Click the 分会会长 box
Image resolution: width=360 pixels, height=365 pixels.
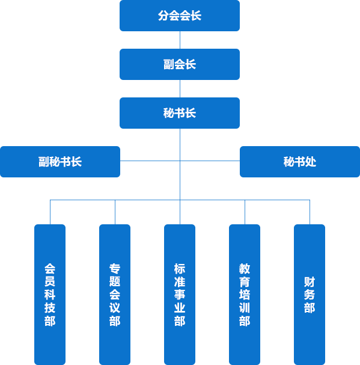click(x=180, y=16)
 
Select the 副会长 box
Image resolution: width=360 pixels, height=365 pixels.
click(x=180, y=64)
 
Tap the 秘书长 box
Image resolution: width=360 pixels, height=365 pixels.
click(x=180, y=113)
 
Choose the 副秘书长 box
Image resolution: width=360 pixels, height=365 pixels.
click(x=60, y=162)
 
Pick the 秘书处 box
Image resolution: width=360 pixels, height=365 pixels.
click(x=300, y=162)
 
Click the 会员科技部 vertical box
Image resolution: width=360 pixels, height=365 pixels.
click(x=50, y=295)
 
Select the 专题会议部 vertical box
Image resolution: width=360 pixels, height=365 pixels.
click(x=115, y=295)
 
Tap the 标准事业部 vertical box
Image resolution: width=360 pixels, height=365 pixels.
click(x=180, y=295)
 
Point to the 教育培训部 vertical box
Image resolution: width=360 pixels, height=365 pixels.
click(x=245, y=295)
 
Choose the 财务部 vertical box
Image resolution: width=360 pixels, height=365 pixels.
click(x=310, y=295)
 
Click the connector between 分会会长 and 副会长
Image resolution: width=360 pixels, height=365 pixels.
click(x=180, y=40)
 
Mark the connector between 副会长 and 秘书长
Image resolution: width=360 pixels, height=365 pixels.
click(x=180, y=88)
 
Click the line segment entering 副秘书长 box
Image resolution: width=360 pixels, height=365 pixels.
click(x=150, y=161)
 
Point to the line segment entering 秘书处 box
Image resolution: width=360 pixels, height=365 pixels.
click(x=210, y=161)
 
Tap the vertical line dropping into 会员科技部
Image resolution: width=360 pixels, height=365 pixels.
click(x=50, y=212)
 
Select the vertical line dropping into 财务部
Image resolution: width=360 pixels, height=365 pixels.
click(x=310, y=212)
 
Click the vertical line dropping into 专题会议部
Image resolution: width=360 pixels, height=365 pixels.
click(x=115, y=212)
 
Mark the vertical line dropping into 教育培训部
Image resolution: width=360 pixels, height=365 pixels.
click(x=245, y=212)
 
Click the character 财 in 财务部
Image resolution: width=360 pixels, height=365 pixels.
click(x=310, y=281)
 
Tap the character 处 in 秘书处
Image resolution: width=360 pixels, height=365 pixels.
click(x=311, y=162)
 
